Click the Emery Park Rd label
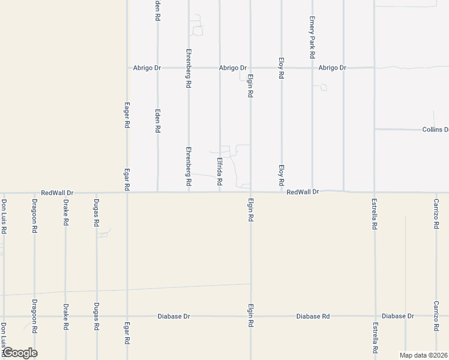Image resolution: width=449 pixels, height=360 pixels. pyautogui.click(x=313, y=37)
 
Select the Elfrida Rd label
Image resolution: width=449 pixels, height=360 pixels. pyautogui.click(x=220, y=171)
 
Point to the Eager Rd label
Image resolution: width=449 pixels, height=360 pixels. pyautogui.click(x=127, y=115)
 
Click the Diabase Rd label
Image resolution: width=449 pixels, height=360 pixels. pyautogui.click(x=313, y=316)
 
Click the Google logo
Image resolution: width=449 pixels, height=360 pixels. pyautogui.click(x=19, y=353)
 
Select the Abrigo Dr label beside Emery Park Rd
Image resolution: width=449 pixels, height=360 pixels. pyautogui.click(x=332, y=68)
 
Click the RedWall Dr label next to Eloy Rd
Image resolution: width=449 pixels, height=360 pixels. pyautogui.click(x=303, y=192)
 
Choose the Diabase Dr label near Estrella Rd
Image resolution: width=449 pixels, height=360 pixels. pyautogui.click(x=397, y=316)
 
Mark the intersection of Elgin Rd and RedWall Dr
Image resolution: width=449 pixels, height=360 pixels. pyautogui.click(x=250, y=193)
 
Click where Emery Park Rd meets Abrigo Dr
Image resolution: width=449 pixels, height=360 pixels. pyautogui.click(x=313, y=68)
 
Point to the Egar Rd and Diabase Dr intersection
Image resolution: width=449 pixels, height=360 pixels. pyautogui.click(x=127, y=316)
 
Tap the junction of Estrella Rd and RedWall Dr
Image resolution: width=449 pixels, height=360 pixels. pyautogui.click(x=375, y=193)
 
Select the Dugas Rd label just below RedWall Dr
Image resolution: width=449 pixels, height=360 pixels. pyautogui.click(x=96, y=213)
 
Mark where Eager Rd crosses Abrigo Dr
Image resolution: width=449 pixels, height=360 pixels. pyautogui.click(x=127, y=68)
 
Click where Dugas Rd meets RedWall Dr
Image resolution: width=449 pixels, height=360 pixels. pyautogui.click(x=96, y=193)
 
